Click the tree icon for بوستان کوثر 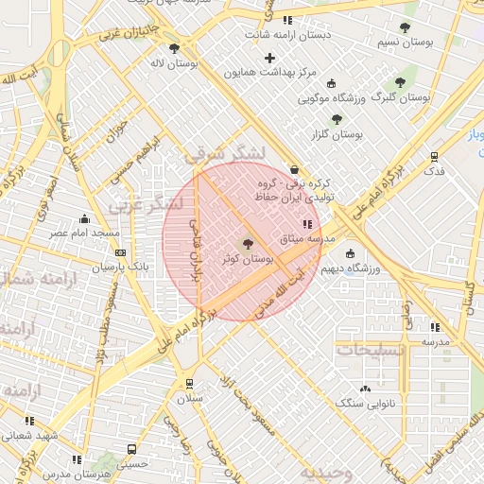(x=249, y=244)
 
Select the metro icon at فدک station (x=434, y=157)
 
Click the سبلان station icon (x=190, y=385)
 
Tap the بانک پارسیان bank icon (x=120, y=253)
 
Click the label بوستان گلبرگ (x=401, y=97)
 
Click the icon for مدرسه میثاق (x=305, y=224)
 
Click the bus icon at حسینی (x=131, y=450)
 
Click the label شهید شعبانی (x=29, y=436)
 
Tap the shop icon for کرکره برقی (x=295, y=169)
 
